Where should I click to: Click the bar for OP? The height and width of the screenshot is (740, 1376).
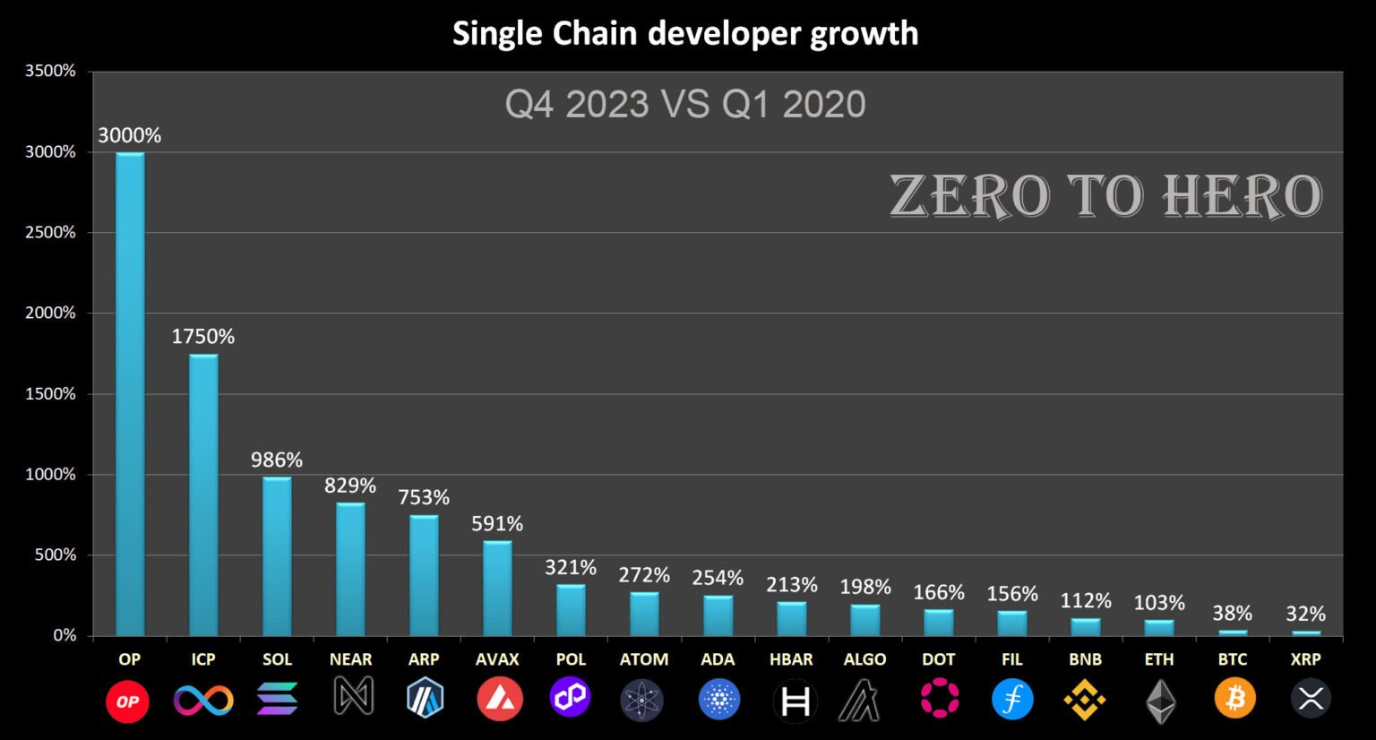coord(130,394)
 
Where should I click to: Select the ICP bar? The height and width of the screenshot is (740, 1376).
coord(203,495)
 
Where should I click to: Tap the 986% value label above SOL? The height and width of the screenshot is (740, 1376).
coord(277,460)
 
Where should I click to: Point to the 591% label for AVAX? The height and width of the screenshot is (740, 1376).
coord(497,524)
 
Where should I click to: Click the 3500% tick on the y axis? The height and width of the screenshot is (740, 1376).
coord(51,71)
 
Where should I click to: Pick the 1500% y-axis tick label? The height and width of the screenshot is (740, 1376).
coord(51,394)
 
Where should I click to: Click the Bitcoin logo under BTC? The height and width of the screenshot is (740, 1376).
coord(1234,699)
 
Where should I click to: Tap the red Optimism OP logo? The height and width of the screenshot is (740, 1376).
coord(127,701)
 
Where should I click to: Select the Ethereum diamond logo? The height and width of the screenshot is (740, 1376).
coord(1160,701)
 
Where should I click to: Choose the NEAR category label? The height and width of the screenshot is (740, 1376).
coord(350,659)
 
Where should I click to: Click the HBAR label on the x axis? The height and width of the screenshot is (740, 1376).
coord(791,659)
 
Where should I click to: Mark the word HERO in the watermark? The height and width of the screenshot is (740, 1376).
coord(1243,196)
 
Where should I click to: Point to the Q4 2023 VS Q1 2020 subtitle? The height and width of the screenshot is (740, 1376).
coord(685,105)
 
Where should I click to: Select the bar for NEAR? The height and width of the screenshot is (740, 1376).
coord(350,570)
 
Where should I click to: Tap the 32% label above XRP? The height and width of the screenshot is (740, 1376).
coord(1305,615)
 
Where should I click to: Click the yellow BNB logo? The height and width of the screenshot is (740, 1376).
coord(1085,699)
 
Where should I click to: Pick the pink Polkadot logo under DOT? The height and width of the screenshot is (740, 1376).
coord(939,699)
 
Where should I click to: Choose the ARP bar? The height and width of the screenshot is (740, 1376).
coord(424,575)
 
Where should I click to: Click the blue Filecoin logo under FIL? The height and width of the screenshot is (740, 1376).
coord(1012,699)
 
